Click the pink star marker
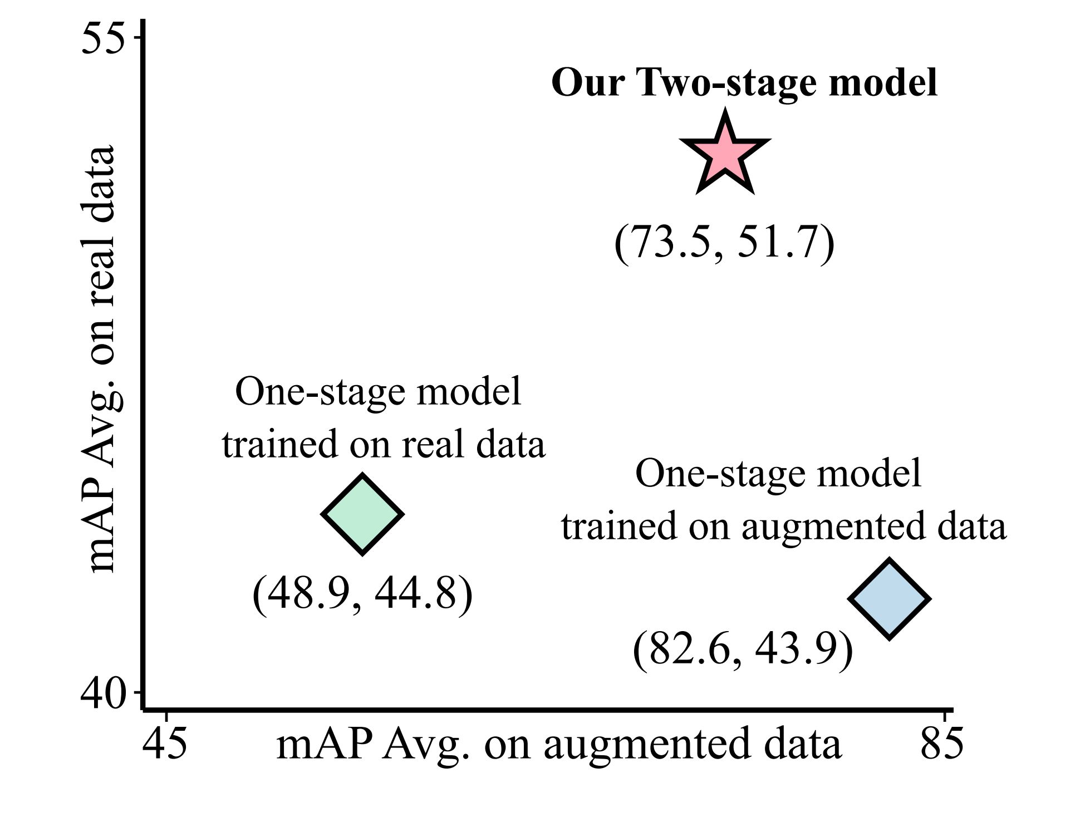725,155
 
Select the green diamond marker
362,514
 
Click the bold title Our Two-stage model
744,82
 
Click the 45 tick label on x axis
165,744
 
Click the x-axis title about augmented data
558,745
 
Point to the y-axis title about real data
100,359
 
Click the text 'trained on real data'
384,444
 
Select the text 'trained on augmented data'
784,526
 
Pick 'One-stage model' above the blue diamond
778,474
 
